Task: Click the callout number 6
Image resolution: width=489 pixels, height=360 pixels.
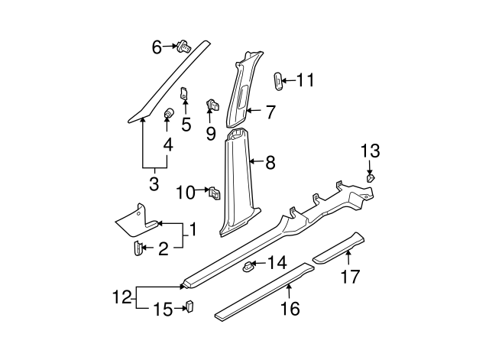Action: pos(157,47)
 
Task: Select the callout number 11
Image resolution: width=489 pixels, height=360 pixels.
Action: pos(305,79)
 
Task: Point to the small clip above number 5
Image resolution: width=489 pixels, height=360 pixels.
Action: pos(184,94)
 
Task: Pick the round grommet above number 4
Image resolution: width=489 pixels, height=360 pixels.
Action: pos(168,115)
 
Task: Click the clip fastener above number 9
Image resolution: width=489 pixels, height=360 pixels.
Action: pos(212,105)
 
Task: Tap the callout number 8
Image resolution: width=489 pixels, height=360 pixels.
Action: pos(270,162)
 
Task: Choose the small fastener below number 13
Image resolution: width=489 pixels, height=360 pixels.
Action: pos(370,178)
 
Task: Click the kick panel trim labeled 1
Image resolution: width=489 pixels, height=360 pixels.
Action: pos(136,218)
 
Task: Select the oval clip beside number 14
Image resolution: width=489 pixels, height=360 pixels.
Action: pos(249,267)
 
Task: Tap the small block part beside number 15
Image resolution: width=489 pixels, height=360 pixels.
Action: pos(189,306)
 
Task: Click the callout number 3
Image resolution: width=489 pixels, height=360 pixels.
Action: pos(154,184)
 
